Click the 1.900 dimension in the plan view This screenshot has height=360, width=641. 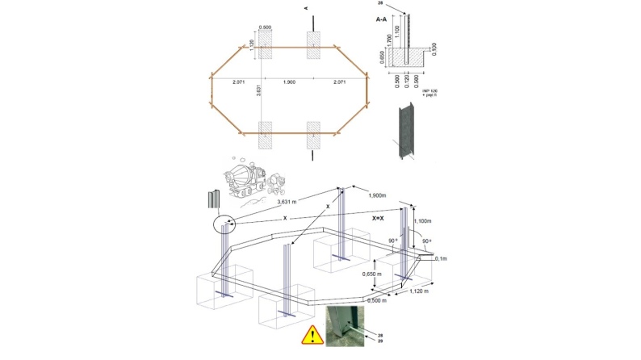[x=288, y=83]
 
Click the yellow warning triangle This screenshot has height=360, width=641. [x=309, y=336]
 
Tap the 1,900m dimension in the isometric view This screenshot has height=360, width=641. [x=382, y=196]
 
